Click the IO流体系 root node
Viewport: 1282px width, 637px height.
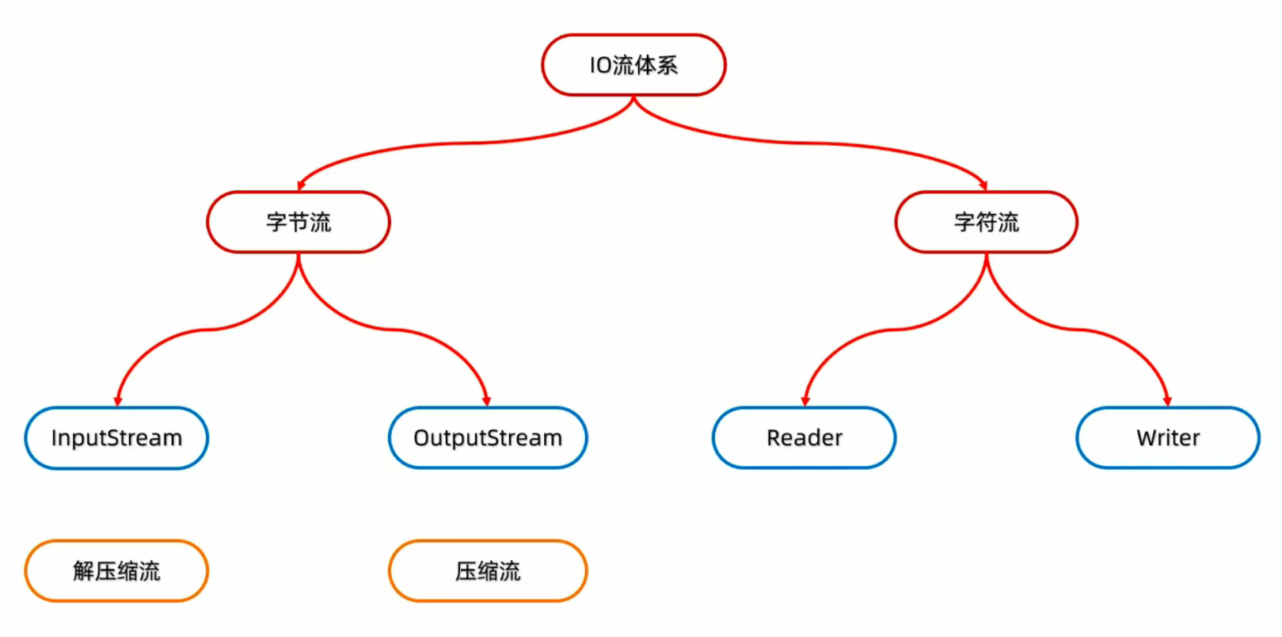pyautogui.click(x=633, y=65)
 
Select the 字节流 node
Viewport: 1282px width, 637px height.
pyautogui.click(x=299, y=222)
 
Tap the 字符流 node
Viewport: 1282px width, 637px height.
pyautogui.click(x=986, y=222)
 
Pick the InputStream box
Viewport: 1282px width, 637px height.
pyautogui.click(x=116, y=438)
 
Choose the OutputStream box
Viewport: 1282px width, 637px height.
pyautogui.click(x=488, y=438)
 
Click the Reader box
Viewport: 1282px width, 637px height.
pyautogui.click(x=804, y=438)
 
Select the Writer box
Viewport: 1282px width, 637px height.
pyautogui.click(x=1167, y=438)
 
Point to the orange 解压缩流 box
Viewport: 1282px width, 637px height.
pyautogui.click(x=116, y=570)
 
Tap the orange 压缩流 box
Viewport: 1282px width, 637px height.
pyautogui.click(x=488, y=570)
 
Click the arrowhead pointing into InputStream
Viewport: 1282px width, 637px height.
pyautogui.click(x=118, y=401)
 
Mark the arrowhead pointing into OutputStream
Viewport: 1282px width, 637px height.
pyautogui.click(x=486, y=401)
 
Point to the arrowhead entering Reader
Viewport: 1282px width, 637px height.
pyautogui.click(x=805, y=401)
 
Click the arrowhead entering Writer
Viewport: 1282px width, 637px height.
pyautogui.click(x=1166, y=401)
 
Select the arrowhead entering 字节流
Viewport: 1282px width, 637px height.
pyautogui.click(x=302, y=185)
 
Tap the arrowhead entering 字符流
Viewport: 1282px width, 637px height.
pyautogui.click(x=983, y=185)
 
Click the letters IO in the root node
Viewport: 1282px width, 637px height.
pyautogui.click(x=600, y=65)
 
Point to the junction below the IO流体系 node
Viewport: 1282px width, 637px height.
pyautogui.click(x=633, y=98)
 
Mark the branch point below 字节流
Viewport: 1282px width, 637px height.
pyautogui.click(x=299, y=256)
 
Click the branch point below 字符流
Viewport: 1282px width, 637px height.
pyautogui.click(x=986, y=256)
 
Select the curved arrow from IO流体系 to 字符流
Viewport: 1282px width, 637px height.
pyautogui.click(x=816, y=143)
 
